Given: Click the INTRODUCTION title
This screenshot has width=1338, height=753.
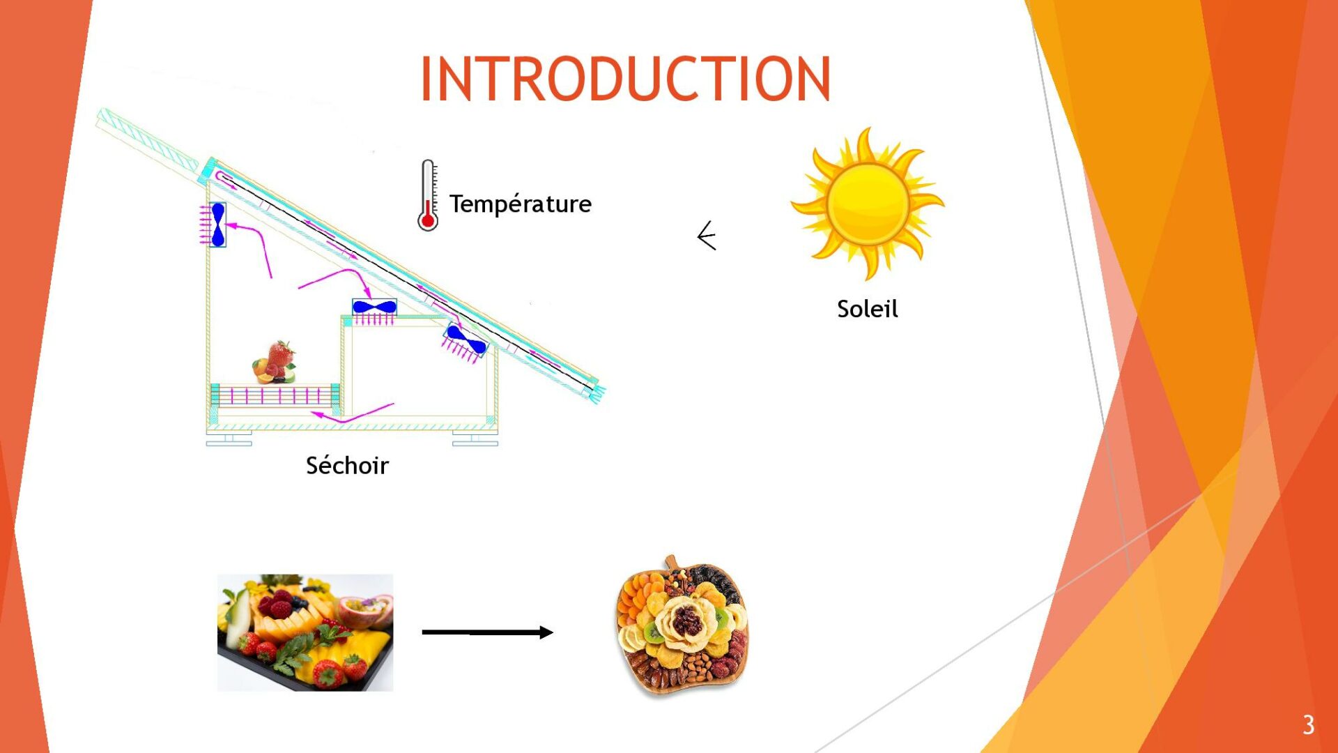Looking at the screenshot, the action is point(625,79).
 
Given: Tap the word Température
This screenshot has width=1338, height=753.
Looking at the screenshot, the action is point(520,204).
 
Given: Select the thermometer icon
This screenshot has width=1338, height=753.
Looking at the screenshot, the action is point(428,196).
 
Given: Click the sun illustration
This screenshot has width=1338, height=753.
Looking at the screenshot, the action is point(868,203).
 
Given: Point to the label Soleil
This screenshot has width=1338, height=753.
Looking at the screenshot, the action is point(867,309).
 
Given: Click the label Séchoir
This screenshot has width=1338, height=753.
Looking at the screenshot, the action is point(347,465).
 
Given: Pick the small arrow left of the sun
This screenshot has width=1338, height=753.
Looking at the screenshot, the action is point(707,236).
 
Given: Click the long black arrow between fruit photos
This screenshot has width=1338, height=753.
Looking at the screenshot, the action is point(487,632).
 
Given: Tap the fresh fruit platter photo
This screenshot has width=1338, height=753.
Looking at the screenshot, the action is point(305,632).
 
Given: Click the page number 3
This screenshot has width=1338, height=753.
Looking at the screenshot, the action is point(1308,725).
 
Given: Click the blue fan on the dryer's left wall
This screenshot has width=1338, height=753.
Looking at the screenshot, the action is point(217,225).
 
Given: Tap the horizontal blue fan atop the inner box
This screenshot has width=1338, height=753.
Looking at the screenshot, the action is point(374,307).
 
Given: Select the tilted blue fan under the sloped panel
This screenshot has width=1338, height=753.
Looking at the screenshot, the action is point(466,340).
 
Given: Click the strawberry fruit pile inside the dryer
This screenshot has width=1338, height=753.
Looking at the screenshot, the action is point(275,362).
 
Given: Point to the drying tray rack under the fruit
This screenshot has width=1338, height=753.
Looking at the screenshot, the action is point(275,395).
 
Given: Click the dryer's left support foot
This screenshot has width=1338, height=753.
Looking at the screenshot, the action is point(229,439).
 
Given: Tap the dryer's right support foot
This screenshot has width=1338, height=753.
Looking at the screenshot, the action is point(475,439).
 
